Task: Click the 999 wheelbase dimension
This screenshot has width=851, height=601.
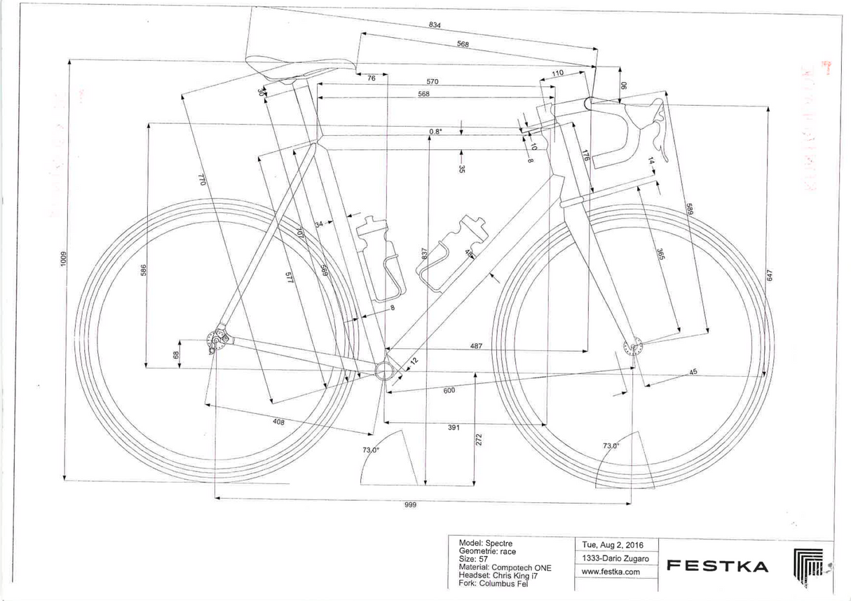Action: pyautogui.click(x=411, y=506)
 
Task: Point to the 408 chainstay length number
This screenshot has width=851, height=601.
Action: pyautogui.click(x=278, y=422)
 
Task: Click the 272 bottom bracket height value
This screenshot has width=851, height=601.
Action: pyautogui.click(x=479, y=439)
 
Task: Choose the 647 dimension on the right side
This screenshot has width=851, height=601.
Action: pyautogui.click(x=769, y=276)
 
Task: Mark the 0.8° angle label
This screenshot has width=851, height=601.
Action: pyautogui.click(x=436, y=132)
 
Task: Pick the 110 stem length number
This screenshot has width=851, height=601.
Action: pyautogui.click(x=557, y=74)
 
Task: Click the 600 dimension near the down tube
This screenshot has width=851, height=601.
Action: pyautogui.click(x=449, y=390)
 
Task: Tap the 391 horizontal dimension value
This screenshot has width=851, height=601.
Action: pyautogui.click(x=453, y=428)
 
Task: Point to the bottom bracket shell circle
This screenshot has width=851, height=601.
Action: pyautogui.click(x=383, y=369)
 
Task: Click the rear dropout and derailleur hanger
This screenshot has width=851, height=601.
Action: pyautogui.click(x=217, y=341)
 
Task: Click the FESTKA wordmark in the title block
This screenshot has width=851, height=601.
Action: pyautogui.click(x=716, y=566)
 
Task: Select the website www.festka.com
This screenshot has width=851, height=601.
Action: pyautogui.click(x=611, y=572)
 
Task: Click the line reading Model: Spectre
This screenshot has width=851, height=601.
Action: pyautogui.click(x=485, y=544)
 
